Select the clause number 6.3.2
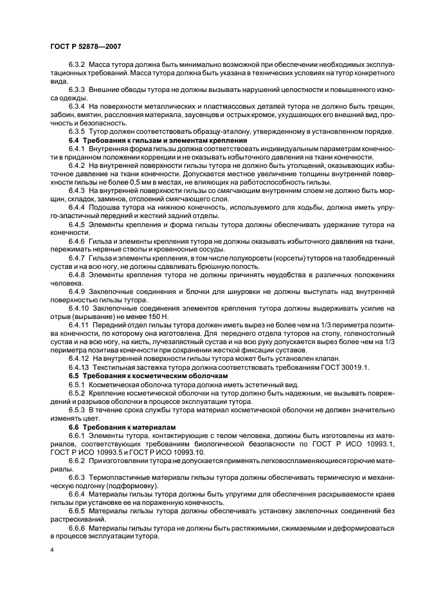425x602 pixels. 77,66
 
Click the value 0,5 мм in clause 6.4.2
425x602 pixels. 138,183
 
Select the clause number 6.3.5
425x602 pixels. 77,132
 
